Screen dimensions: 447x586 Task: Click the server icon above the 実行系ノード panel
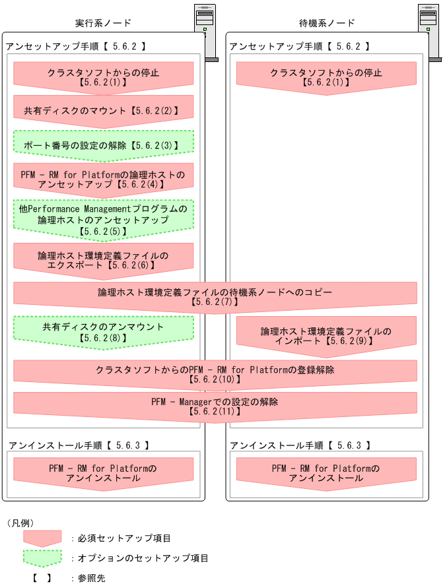pyautogui.click(x=205, y=30)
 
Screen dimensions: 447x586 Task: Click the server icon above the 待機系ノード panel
pyautogui.click(x=429, y=30)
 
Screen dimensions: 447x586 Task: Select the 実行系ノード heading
pyautogui.click(x=103, y=23)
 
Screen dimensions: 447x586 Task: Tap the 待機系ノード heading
pyautogui.click(x=327, y=23)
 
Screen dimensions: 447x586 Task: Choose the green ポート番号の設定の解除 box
pyautogui.click(x=103, y=143)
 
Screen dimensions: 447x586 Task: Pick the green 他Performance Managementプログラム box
pyautogui.click(x=103, y=220)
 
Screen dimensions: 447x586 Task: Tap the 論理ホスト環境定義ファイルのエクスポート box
pyautogui.click(x=103, y=259)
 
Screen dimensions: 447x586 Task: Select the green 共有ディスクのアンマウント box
pyautogui.click(x=103, y=331)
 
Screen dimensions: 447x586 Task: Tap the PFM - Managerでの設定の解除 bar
pyautogui.click(x=215, y=406)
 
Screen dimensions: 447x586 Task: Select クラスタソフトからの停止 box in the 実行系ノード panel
pyautogui.click(x=103, y=77)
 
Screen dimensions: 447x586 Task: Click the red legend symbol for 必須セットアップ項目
pyautogui.click(x=42, y=538)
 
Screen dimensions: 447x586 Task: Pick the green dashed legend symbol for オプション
pyautogui.click(x=42, y=558)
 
